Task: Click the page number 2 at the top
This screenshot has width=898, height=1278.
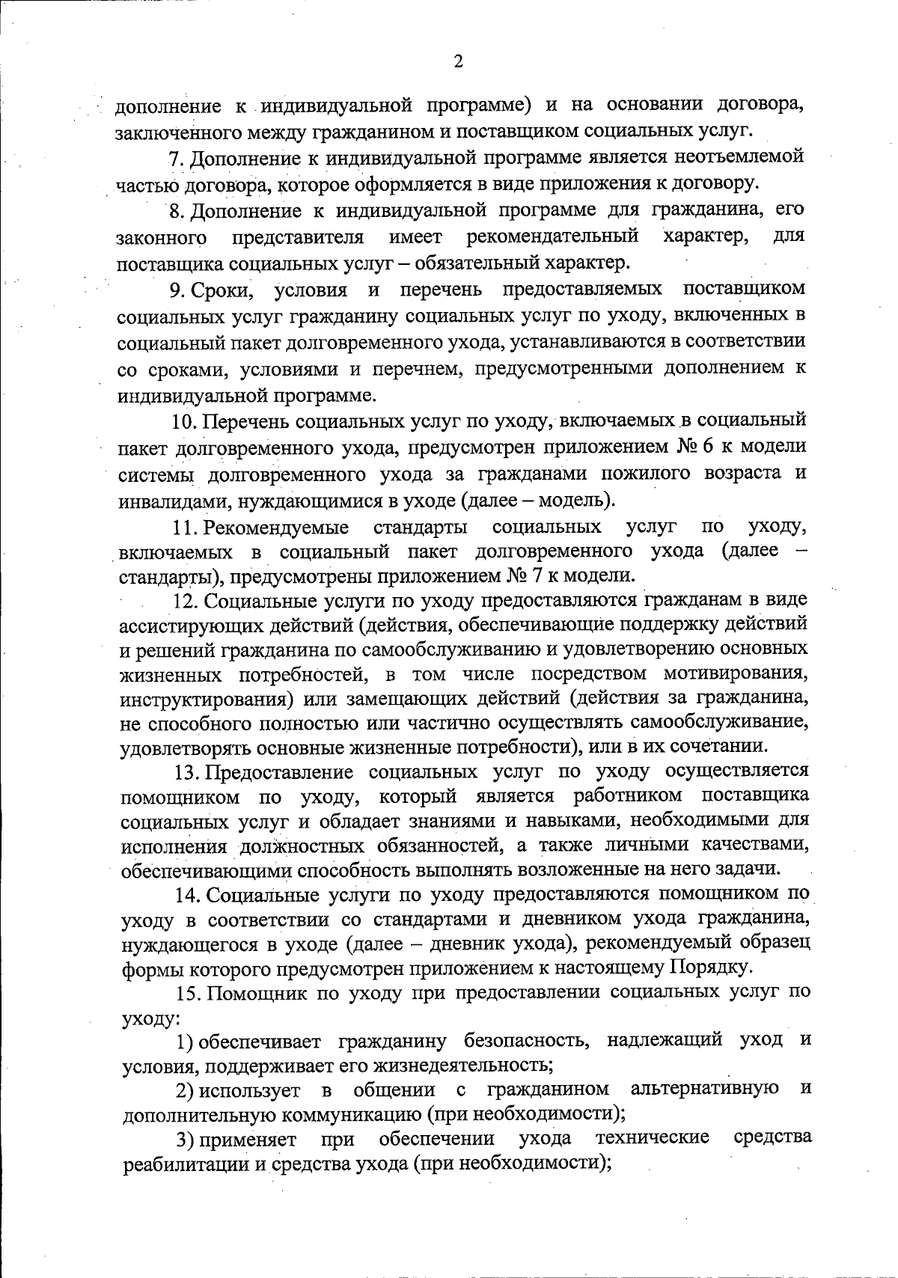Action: [458, 61]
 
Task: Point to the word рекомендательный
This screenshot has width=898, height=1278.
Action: [552, 237]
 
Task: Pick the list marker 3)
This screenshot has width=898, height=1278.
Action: [186, 1140]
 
